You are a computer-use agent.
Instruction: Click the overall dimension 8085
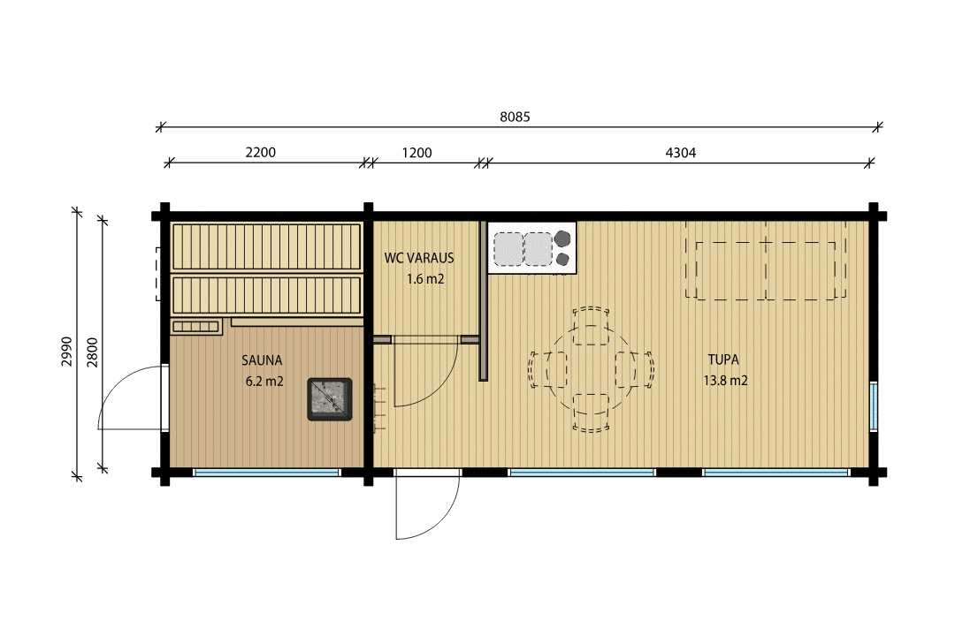coord(515,117)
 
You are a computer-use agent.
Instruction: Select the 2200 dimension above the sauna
coord(261,152)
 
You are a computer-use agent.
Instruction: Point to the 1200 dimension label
coord(416,153)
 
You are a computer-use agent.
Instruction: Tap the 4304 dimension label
coord(680,153)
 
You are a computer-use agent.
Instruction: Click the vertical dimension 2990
coord(67,352)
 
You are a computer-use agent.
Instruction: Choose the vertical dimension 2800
coord(92,352)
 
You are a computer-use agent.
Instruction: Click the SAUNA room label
coord(262,360)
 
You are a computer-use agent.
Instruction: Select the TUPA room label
coord(723,360)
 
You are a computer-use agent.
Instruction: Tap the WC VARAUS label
coord(419,258)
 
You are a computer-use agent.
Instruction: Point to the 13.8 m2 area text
coord(725,381)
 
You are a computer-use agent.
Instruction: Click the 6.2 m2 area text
coord(264,382)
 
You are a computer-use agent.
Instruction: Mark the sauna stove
coord(330,399)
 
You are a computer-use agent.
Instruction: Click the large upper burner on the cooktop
coord(562,238)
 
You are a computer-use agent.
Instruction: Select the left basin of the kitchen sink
coord(508,249)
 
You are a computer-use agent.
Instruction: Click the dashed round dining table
coord(591,369)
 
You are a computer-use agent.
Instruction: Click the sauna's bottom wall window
coord(267,473)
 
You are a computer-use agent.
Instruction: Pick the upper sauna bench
coord(266,246)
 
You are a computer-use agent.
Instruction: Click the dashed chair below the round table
coord(591,413)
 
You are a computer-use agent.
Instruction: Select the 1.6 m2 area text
coord(425,279)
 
